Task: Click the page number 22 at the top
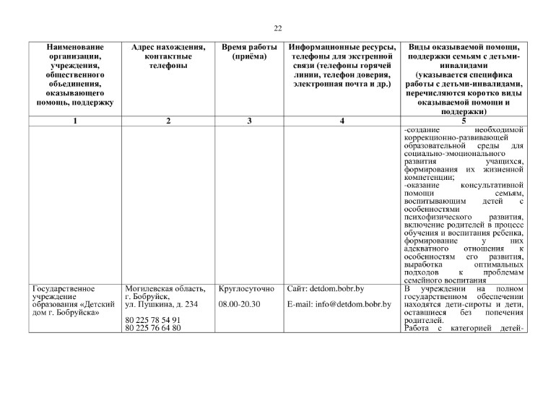(x=278, y=29)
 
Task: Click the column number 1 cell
(x=76, y=121)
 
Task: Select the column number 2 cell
(x=168, y=121)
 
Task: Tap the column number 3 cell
(x=249, y=121)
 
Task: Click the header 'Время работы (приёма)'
(x=249, y=52)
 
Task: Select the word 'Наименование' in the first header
(x=76, y=47)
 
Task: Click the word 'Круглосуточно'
(x=246, y=289)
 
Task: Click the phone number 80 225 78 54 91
(x=152, y=320)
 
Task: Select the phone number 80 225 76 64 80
(x=152, y=329)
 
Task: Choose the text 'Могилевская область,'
(x=165, y=289)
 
